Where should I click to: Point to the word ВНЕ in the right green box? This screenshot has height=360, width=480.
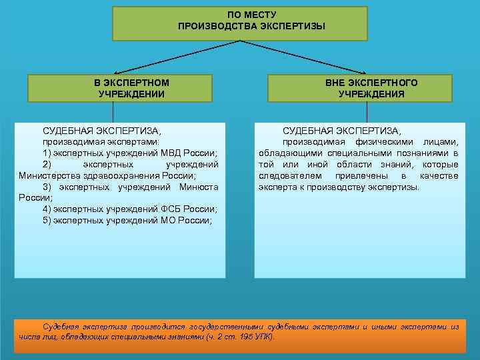click(338, 83)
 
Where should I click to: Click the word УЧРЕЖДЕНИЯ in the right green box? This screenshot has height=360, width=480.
click(371, 94)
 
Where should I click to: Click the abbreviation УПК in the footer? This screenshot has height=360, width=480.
click(265, 337)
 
